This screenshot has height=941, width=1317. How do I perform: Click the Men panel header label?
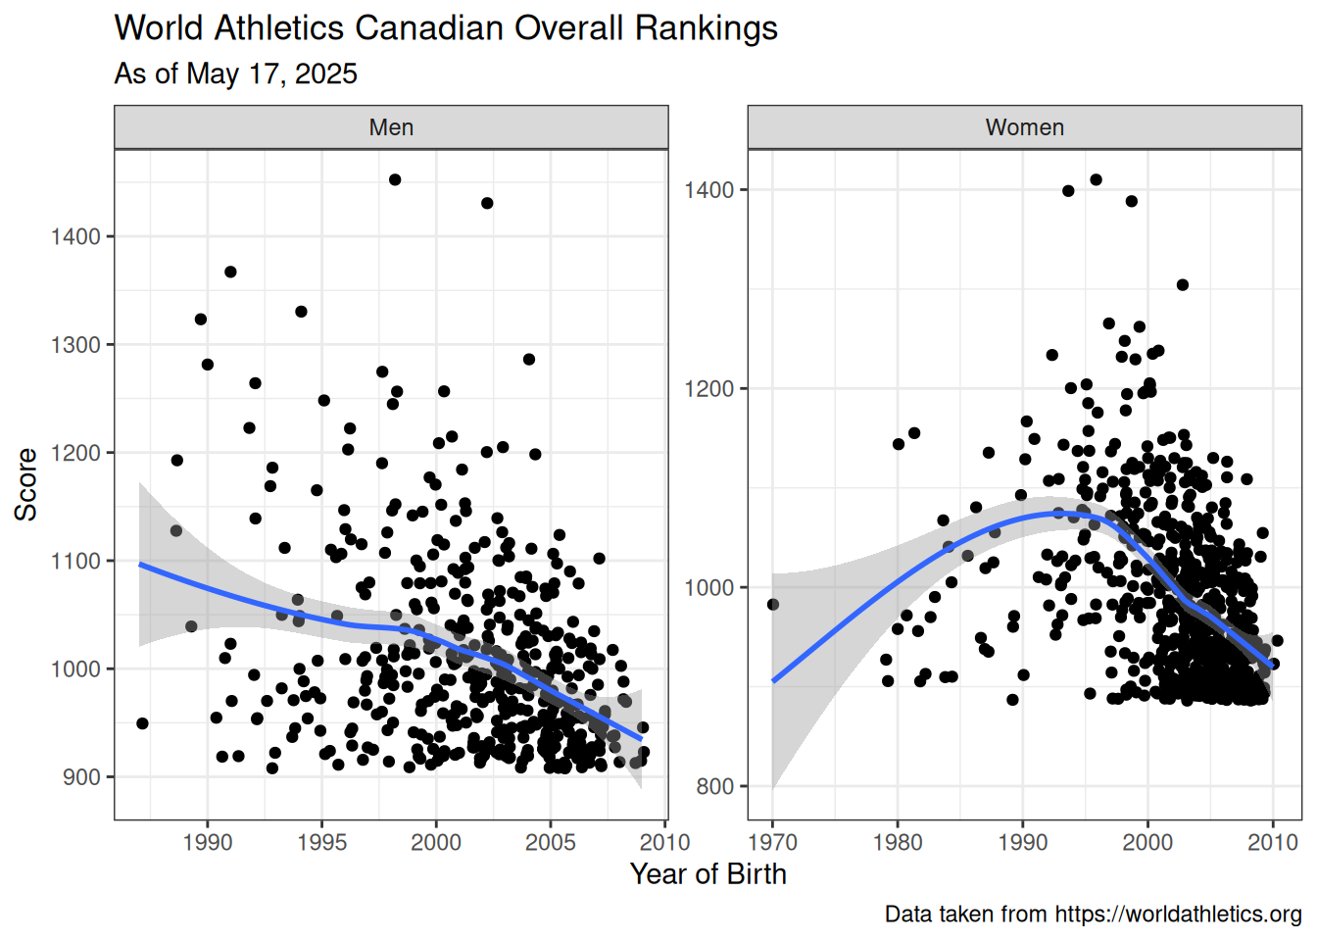click(x=391, y=127)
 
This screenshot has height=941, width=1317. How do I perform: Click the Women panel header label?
click(x=1025, y=127)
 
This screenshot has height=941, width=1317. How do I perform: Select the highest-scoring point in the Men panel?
click(x=395, y=179)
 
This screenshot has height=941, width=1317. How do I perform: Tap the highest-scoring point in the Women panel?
click(x=1096, y=179)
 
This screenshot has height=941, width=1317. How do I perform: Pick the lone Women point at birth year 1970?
click(x=773, y=604)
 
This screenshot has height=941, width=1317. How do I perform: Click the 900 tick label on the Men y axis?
click(x=81, y=777)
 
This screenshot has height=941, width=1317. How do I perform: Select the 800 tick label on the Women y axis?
click(x=715, y=786)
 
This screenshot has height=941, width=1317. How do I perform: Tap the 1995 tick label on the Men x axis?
click(x=321, y=842)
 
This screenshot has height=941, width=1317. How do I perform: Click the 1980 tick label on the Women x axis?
click(x=898, y=842)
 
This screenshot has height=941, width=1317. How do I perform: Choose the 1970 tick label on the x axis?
click(x=772, y=842)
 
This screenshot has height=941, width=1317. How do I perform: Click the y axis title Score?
click(x=25, y=484)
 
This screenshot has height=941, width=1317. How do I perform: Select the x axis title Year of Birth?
click(x=707, y=874)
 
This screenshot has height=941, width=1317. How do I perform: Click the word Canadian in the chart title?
click(x=429, y=27)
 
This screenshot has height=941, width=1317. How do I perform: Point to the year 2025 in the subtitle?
click(x=325, y=74)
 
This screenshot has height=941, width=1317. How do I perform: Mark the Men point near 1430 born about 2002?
click(x=487, y=203)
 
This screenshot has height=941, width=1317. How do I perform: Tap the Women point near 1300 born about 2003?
click(x=1183, y=284)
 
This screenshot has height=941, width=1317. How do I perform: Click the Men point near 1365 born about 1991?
click(x=230, y=272)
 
